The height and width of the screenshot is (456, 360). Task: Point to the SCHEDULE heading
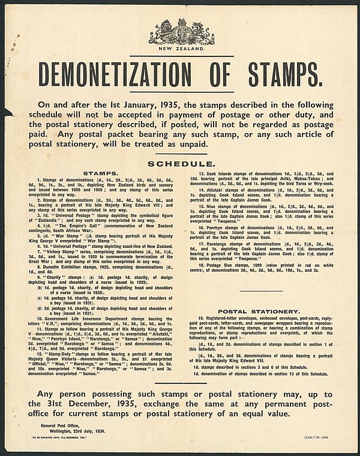(181, 164)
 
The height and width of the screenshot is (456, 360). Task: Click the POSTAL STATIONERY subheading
(259, 311)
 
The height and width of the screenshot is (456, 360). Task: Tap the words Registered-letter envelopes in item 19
(229, 319)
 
